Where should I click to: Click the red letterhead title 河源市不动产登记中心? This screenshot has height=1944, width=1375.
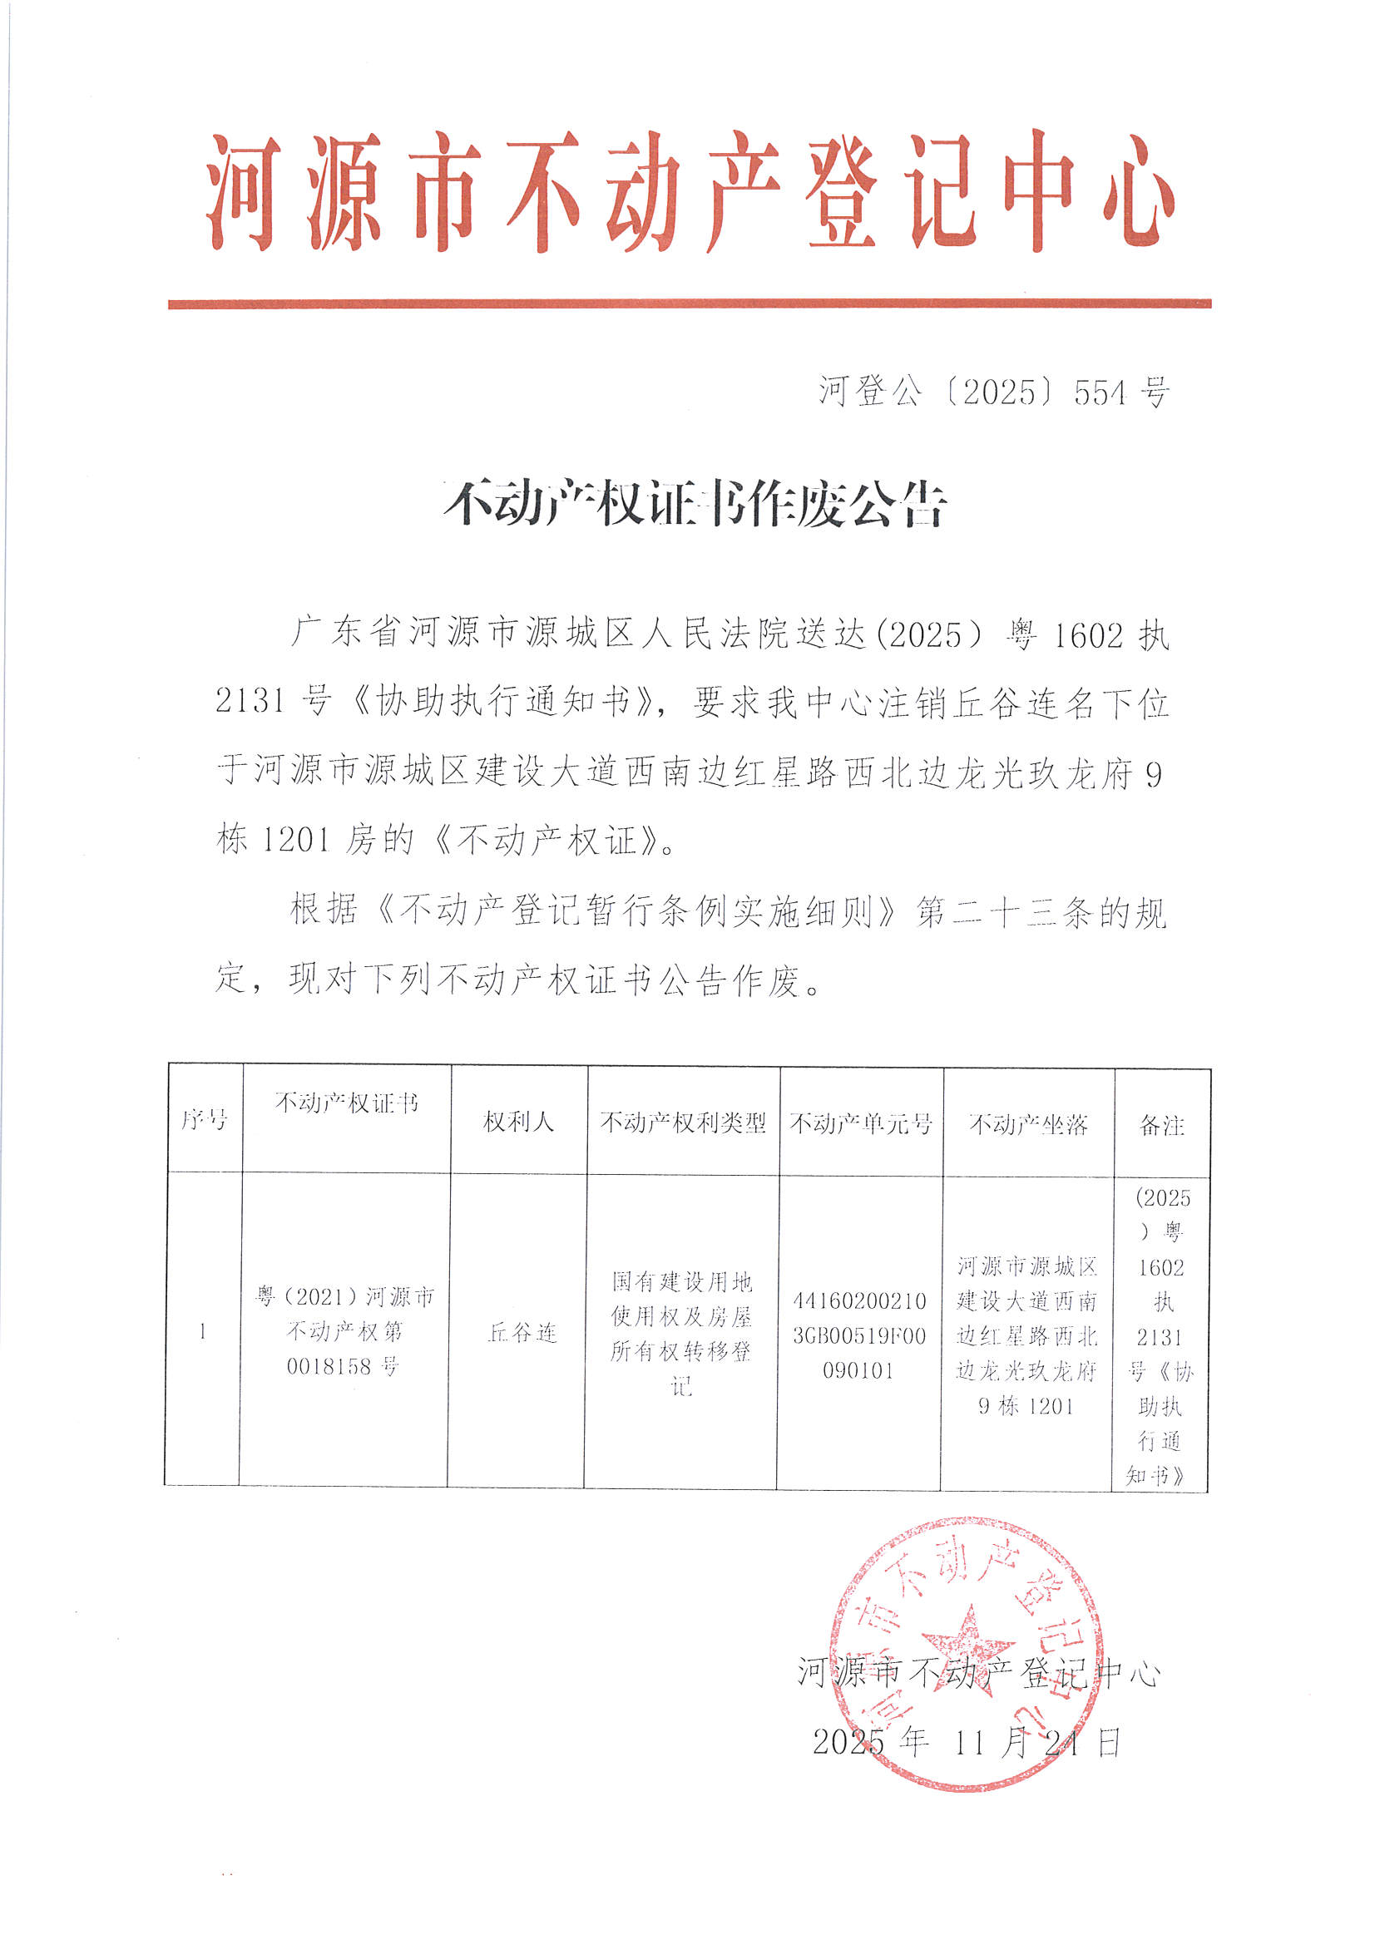tap(688, 193)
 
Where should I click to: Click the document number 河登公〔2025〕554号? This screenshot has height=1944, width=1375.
tap(993, 392)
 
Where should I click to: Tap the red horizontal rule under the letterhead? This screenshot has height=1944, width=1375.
tap(688, 303)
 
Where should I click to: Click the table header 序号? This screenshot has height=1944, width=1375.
tap(204, 1120)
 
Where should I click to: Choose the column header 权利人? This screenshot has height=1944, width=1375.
tap(517, 1122)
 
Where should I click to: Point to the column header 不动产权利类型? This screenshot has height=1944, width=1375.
tap(682, 1122)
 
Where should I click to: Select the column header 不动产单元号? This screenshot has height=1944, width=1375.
tap(860, 1123)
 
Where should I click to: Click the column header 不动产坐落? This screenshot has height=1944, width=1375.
tap(1027, 1124)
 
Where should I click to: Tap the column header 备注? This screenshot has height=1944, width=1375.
tap(1161, 1125)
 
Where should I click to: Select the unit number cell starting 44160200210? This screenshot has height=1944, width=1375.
tap(859, 1335)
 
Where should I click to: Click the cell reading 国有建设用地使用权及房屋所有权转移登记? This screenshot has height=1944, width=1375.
tap(681, 1334)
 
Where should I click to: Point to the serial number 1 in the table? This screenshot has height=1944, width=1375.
tap(202, 1332)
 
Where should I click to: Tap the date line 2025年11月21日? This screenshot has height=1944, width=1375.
tap(966, 1743)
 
